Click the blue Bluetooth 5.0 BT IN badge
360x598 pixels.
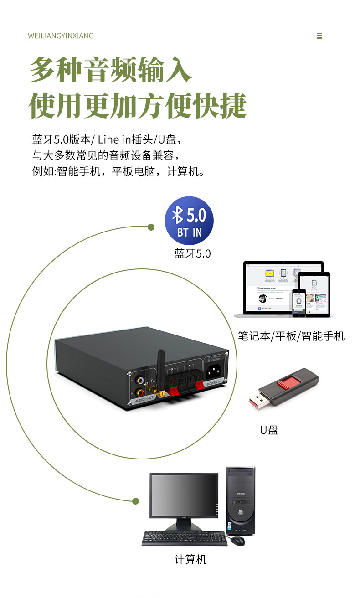tap(189, 221)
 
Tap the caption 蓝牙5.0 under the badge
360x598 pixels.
tap(192, 254)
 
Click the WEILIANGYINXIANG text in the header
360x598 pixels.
tap(61, 36)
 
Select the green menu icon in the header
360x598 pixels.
tap(319, 36)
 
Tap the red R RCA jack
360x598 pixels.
tap(140, 392)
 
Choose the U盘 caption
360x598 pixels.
tap(269, 429)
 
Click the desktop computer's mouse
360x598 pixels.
tap(237, 541)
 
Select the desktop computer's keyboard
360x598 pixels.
tap(185, 538)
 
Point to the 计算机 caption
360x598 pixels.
tap(190, 559)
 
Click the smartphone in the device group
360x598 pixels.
tap(299, 302)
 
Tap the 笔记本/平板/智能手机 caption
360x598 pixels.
tap(291, 336)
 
